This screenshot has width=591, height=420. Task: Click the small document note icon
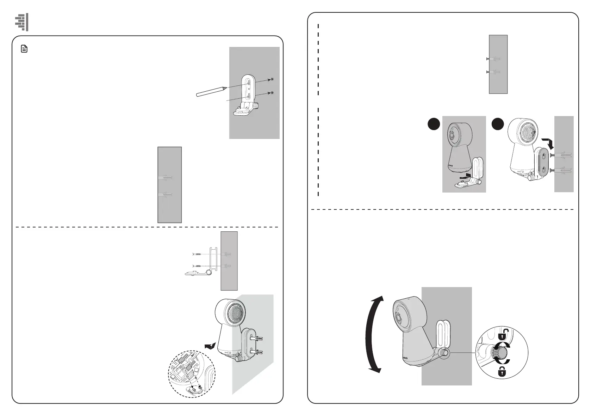tap(24, 49)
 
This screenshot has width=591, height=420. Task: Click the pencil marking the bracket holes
tap(211, 91)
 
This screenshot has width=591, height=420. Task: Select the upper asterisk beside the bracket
tap(272, 80)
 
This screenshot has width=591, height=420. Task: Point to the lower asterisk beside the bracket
tap(272, 93)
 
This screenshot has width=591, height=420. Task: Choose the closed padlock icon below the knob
tap(503, 371)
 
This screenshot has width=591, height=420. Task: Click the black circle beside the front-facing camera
tap(434, 124)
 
